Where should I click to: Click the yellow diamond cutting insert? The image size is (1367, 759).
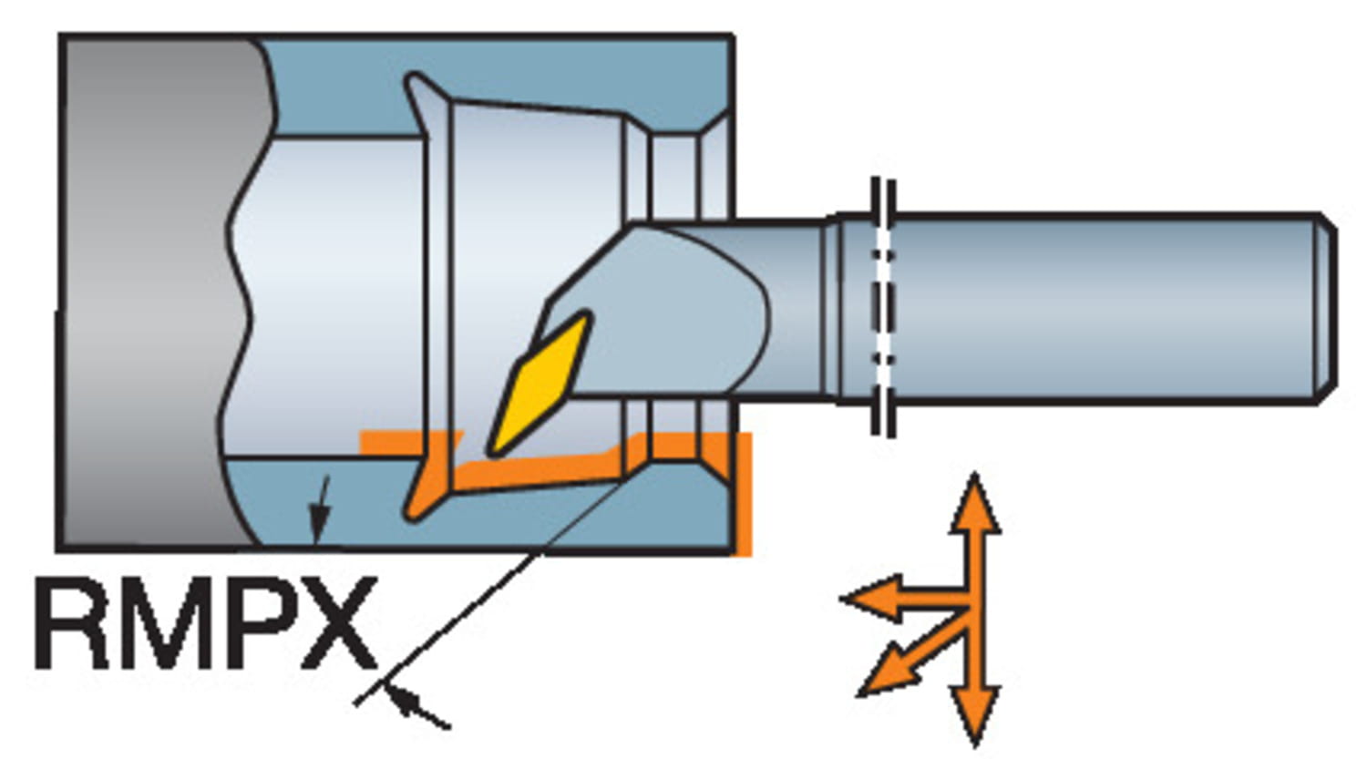[x=540, y=384]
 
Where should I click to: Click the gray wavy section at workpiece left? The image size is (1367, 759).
[x=159, y=292]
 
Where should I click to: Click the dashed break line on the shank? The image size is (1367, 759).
[x=883, y=308]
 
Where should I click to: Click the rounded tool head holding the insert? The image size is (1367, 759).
[x=659, y=312]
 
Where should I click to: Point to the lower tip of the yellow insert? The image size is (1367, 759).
[x=492, y=452]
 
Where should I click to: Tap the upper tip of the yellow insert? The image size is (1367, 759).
[x=587, y=316]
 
